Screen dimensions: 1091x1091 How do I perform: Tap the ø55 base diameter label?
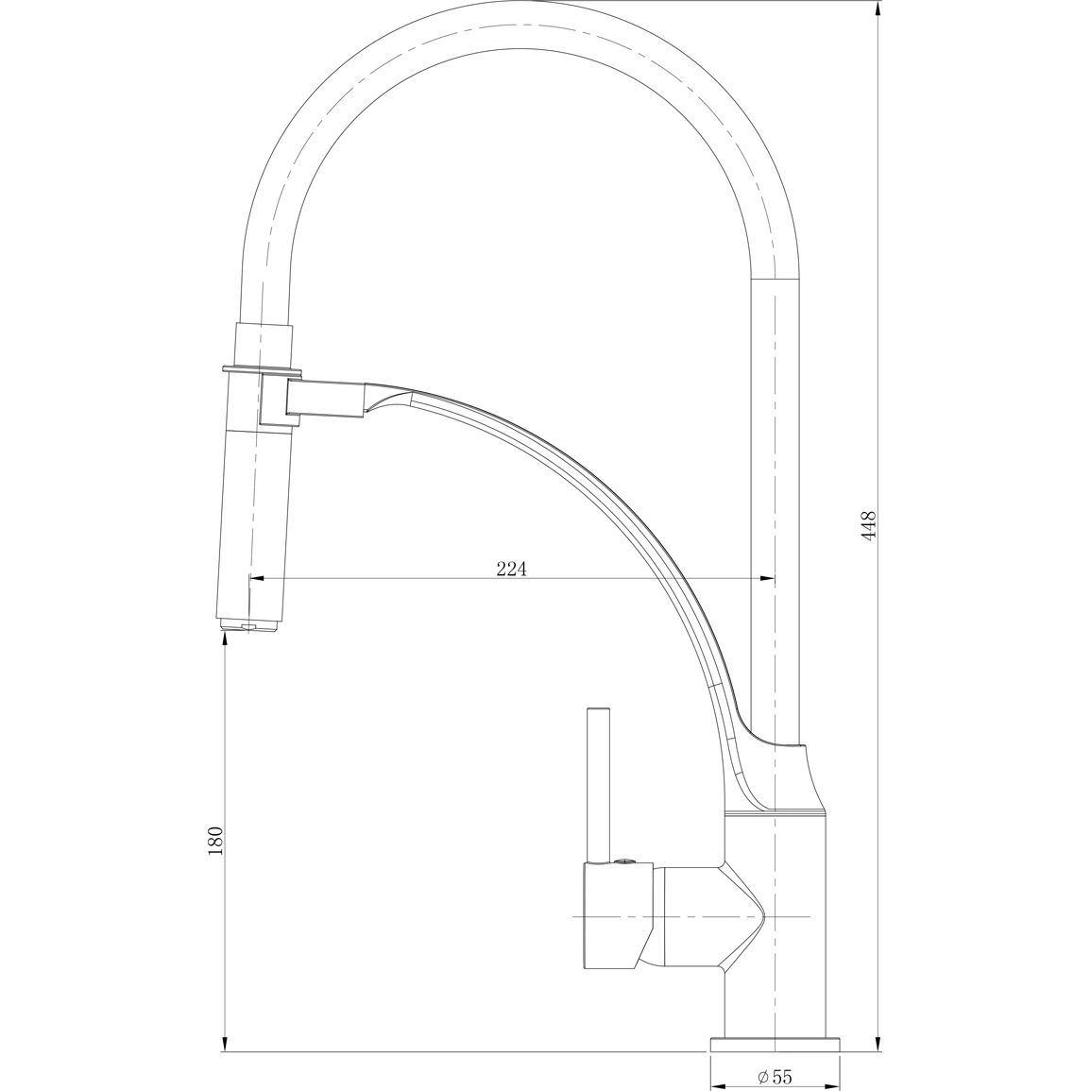pos(775,1077)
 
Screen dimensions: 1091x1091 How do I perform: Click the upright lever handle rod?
pos(598,786)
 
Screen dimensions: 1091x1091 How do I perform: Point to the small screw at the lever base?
pos(624,862)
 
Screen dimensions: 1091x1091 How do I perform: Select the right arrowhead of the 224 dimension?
pos(767,577)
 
